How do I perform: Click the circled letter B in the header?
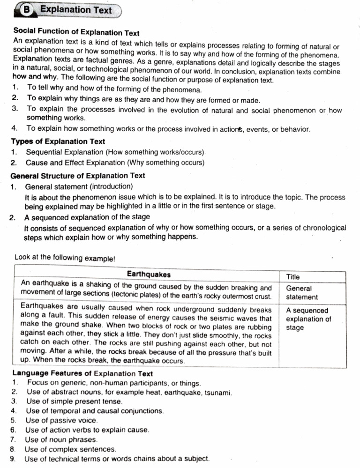pos(28,9)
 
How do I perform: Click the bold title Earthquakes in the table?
pos(149,274)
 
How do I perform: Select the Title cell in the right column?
pos(293,277)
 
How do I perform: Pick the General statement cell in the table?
pos(302,293)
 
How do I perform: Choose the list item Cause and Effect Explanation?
pos(115,163)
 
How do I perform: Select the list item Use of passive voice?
pos(61,420)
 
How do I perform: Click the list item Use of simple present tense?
pos(67,401)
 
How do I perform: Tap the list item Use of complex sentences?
pos(70,449)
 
